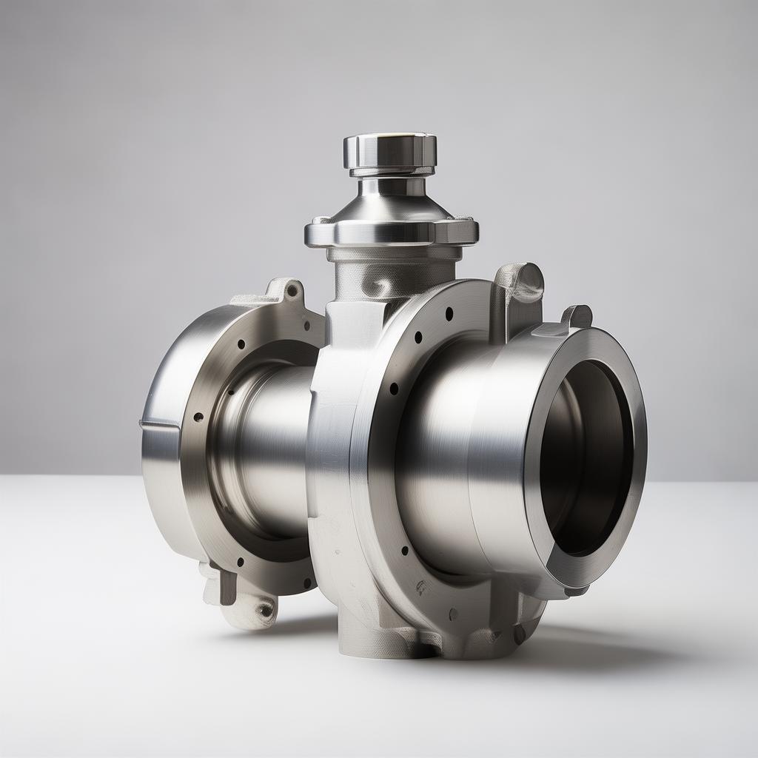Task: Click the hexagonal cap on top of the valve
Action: (x=389, y=150)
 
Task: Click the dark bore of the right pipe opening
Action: (x=586, y=459)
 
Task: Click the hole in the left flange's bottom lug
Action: (x=264, y=610)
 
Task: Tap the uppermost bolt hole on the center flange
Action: (x=449, y=314)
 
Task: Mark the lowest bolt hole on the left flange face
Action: (x=240, y=561)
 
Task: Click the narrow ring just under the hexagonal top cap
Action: (x=390, y=172)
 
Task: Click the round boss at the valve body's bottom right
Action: (x=519, y=634)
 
